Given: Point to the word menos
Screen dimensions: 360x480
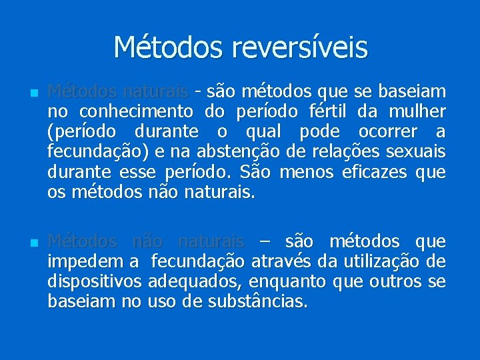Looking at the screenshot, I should click(305, 173).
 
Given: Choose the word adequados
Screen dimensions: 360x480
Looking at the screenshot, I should click(193, 283).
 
